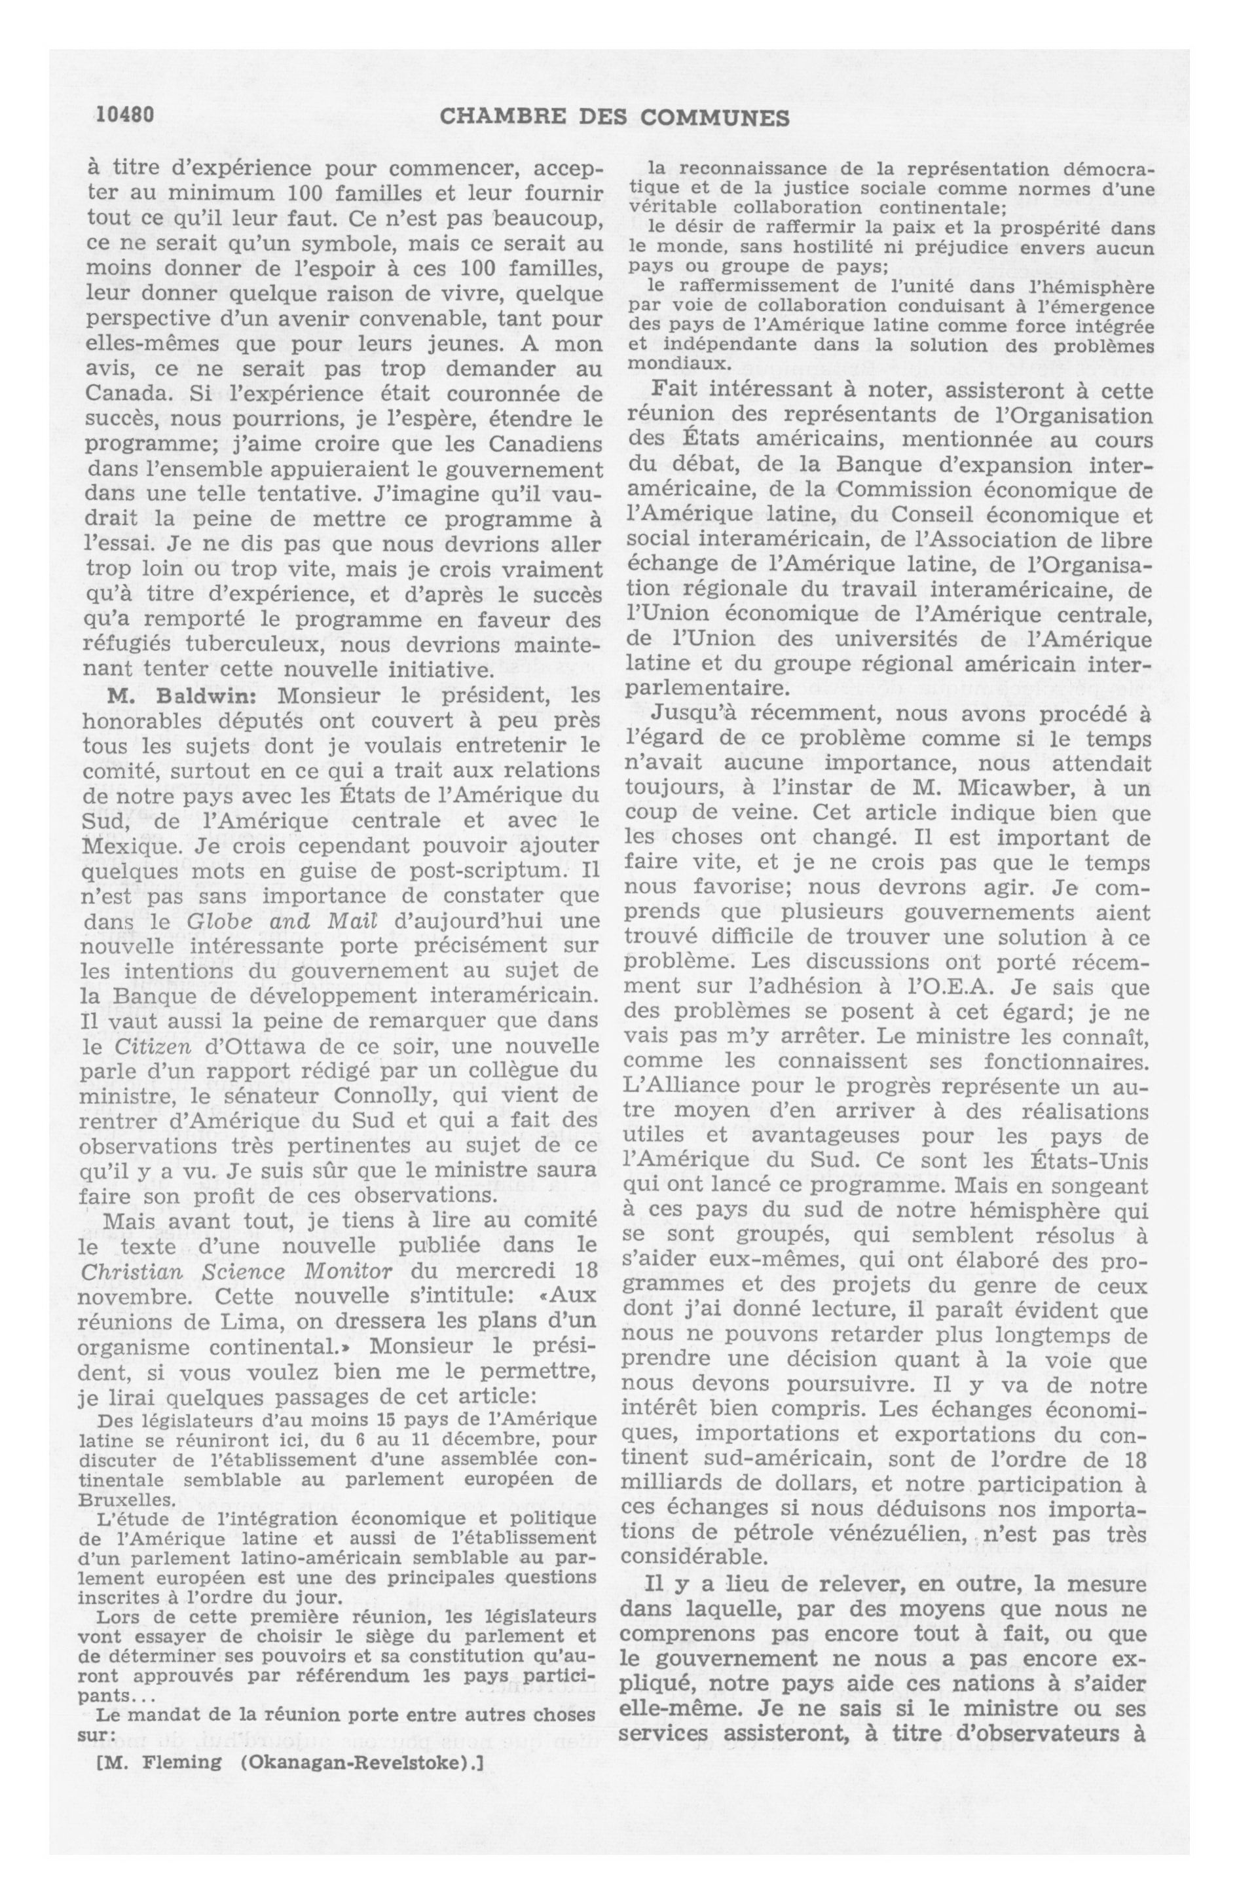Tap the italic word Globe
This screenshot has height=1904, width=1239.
220,921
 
